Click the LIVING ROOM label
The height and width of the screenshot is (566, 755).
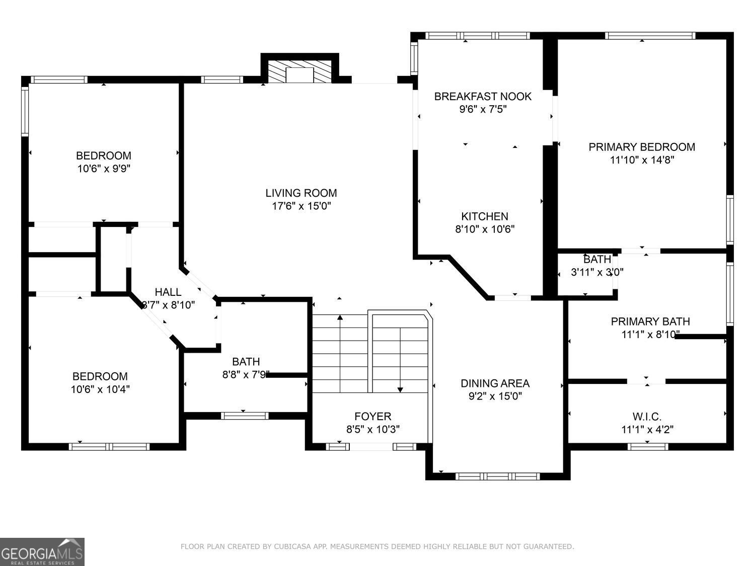tap(301, 193)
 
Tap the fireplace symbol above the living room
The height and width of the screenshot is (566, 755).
tap(300, 72)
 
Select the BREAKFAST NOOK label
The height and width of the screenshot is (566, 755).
tap(483, 96)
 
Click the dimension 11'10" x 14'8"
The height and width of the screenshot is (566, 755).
tap(642, 160)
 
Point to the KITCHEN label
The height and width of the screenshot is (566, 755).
tap(485, 216)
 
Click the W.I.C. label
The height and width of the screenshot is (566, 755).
tap(647, 417)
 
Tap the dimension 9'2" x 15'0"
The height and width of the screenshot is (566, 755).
tap(495, 396)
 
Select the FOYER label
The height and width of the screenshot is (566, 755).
tap(372, 417)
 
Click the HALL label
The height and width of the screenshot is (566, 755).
tap(168, 292)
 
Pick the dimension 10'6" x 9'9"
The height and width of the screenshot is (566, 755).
tap(104, 169)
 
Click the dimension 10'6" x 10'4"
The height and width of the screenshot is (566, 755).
tap(100, 389)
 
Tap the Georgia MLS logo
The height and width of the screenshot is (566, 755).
tap(42, 552)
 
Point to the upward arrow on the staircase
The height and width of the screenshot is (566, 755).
tap(340, 318)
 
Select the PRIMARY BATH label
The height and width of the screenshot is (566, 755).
tap(650, 321)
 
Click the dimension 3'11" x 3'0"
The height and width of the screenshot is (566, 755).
tap(597, 273)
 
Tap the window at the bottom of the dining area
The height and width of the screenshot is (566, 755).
tap(497, 476)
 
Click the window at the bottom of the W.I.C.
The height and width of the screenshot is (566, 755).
tap(648, 446)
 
